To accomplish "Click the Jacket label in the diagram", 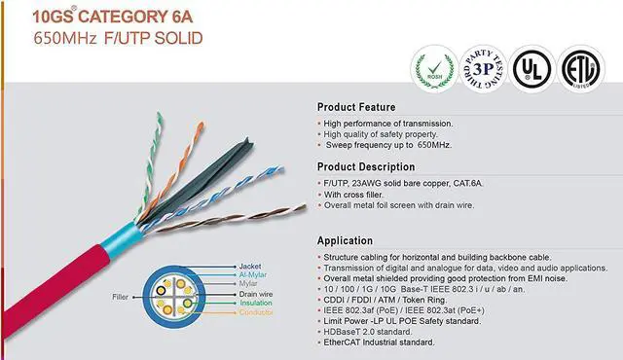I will pyautogui.click(x=248, y=265).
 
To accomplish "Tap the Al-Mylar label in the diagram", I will pyautogui.click(x=253, y=275).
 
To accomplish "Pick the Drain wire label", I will pyautogui.click(x=256, y=294).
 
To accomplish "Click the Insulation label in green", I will pyautogui.click(x=256, y=303).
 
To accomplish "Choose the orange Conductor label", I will pyautogui.click(x=257, y=312).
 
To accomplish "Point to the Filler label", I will pyautogui.click(x=121, y=296).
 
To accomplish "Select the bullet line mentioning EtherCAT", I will pyautogui.click(x=381, y=342).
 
